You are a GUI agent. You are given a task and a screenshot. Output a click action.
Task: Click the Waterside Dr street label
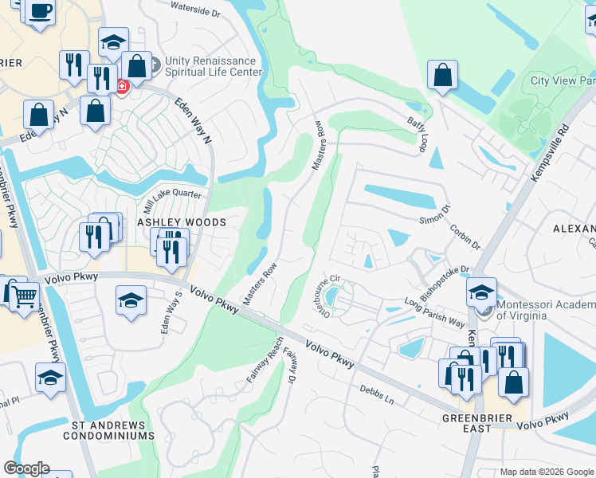(196, 12)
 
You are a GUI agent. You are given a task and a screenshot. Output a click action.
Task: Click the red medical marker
(122, 86)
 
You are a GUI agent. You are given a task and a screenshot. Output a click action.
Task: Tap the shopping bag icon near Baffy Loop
(441, 76)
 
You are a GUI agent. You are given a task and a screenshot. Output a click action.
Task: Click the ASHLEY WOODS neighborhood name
(182, 222)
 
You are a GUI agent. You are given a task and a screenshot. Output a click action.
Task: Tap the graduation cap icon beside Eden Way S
(131, 301)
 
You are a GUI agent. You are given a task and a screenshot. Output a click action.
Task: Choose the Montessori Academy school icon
(481, 293)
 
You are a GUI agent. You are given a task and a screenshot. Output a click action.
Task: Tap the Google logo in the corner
(26, 468)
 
